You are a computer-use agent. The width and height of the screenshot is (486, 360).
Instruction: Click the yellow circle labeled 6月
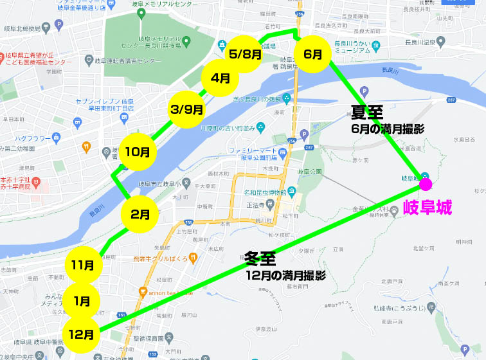[312, 54]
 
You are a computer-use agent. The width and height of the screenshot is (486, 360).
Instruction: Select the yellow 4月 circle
[221, 78]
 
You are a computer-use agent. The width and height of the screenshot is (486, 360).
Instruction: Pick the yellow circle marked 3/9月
[187, 109]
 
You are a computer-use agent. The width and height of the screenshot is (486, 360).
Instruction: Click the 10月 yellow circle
[138, 152]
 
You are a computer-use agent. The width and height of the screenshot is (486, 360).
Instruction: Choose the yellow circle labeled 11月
[84, 264]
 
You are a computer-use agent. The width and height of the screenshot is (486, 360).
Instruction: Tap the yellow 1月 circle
[82, 300]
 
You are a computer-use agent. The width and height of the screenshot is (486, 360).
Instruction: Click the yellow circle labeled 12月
[82, 334]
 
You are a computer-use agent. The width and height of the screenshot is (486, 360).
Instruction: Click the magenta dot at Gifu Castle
[425, 185]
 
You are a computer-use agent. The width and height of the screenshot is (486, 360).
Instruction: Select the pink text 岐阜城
[428, 207]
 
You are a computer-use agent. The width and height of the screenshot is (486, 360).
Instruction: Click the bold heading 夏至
[367, 113]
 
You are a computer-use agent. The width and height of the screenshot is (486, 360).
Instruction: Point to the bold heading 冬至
[260, 259]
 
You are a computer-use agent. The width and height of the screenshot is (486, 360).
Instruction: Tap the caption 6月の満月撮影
[388, 129]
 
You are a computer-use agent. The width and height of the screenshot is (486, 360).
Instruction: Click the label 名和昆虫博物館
[267, 192]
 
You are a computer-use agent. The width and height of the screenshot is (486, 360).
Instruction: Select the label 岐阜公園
[308, 172]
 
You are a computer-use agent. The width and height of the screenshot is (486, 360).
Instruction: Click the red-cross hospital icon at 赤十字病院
[36, 182]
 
